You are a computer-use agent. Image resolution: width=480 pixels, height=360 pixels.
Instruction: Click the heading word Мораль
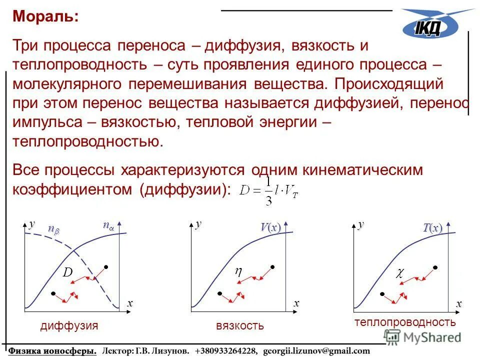pyautogui.click(x=45, y=16)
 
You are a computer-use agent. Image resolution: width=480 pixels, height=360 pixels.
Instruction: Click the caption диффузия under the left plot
pyautogui.click(x=69, y=326)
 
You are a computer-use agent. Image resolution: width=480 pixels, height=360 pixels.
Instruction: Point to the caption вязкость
pyautogui.click(x=239, y=326)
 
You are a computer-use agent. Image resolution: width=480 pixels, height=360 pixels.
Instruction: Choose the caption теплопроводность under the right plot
pyautogui.click(x=405, y=322)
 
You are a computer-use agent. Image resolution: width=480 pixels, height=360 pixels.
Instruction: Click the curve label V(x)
pyautogui.click(x=270, y=228)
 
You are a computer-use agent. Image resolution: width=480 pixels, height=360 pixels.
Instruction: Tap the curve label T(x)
pyautogui.click(x=432, y=228)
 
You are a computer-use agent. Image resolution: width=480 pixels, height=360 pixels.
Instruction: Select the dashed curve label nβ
pyautogui.click(x=53, y=228)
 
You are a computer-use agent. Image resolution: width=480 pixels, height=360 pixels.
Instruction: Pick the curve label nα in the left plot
pyautogui.click(x=108, y=226)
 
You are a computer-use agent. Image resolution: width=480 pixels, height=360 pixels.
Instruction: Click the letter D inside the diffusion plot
pyautogui.click(x=67, y=272)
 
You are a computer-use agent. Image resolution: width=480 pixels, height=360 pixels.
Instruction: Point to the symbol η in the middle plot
pyautogui.click(x=238, y=271)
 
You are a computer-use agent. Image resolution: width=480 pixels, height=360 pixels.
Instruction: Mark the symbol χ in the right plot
pyautogui.click(x=399, y=273)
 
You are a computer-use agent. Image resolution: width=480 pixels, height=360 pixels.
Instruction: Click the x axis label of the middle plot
pyautogui.click(x=296, y=303)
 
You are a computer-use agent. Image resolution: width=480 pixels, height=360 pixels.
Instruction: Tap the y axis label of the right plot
pyautogui.click(x=360, y=224)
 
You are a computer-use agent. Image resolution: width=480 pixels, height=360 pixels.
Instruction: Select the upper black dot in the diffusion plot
pyautogui.click(x=106, y=267)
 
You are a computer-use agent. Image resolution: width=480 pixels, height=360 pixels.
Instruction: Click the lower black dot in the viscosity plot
pyautogui.click(x=218, y=293)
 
